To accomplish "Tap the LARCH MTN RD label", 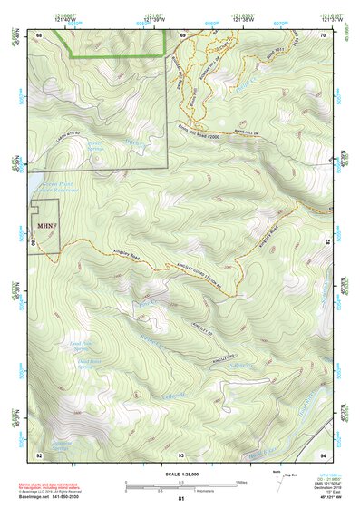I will point(54,143).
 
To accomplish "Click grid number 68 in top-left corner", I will point(39,34).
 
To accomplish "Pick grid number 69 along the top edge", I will point(181,34).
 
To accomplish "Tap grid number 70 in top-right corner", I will point(323,34).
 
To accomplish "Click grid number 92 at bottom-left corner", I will point(39,454).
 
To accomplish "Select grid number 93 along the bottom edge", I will point(181,454).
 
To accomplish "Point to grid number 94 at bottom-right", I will point(323,454).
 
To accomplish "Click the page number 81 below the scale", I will point(181,499).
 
